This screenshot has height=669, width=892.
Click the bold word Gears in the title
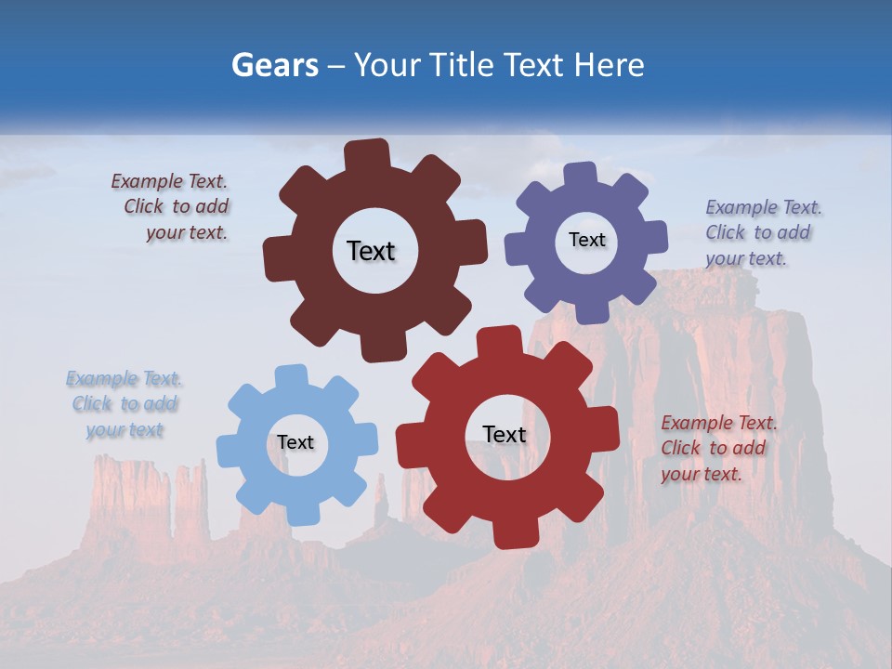pyautogui.click(x=274, y=65)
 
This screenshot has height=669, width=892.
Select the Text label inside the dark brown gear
pyautogui.click(x=371, y=251)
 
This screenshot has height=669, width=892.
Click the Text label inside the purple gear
pyautogui.click(x=586, y=240)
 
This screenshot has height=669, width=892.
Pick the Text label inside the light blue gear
pyautogui.click(x=295, y=442)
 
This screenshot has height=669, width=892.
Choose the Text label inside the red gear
pyautogui.click(x=505, y=434)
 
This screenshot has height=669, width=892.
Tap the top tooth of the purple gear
pyautogui.click(x=581, y=175)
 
